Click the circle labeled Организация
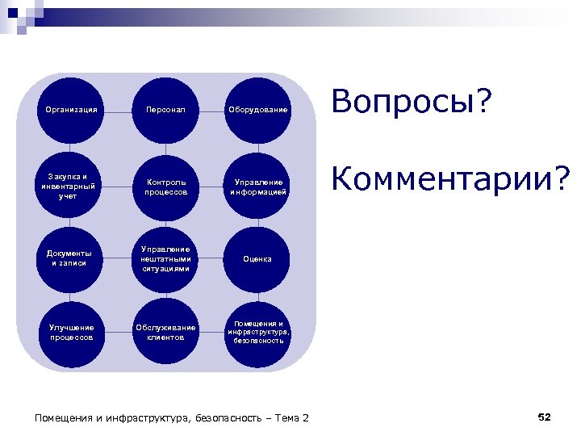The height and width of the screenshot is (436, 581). (72, 109)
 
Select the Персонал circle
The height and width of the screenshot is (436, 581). (165, 109)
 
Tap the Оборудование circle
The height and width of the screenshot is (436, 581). (257, 109)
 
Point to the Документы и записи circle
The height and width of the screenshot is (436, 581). (72, 258)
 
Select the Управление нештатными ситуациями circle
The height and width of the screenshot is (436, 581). (165, 258)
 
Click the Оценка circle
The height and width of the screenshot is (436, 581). (257, 258)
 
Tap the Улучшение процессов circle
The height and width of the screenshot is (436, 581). (72, 332)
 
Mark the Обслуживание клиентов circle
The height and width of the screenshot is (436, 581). (165, 332)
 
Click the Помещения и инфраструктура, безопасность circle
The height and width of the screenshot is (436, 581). (257, 332)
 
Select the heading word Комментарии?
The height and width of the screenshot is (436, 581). (450, 181)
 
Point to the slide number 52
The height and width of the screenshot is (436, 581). (544, 417)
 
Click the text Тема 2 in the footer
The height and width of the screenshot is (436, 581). (292, 417)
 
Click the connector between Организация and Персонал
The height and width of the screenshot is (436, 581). (119, 109)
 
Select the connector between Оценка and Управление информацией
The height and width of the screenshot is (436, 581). (257, 222)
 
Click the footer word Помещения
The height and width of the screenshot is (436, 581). (65, 417)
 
